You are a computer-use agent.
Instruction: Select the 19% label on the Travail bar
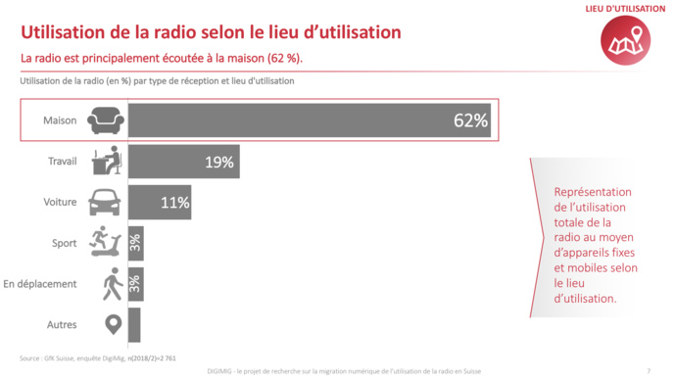coord(218,163)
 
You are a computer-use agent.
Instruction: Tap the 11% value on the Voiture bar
coord(174,204)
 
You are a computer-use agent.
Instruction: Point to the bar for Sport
coord(135,242)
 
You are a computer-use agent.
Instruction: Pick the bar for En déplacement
coord(135,284)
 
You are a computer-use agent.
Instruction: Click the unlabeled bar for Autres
coord(134,324)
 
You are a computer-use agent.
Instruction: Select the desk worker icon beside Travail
coord(105,162)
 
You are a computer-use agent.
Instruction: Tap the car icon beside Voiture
coord(105,203)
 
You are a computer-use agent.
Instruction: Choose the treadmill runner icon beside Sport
coord(105,242)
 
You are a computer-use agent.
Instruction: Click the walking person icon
coord(111,284)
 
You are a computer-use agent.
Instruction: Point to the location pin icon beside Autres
coord(111,324)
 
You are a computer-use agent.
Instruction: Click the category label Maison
coord(61,121)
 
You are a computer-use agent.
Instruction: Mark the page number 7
coord(649,370)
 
